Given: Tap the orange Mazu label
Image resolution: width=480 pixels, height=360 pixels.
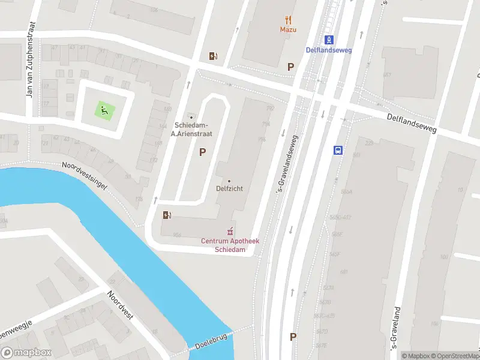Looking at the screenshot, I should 289,29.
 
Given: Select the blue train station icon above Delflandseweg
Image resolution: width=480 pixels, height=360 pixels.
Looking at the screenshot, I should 329,40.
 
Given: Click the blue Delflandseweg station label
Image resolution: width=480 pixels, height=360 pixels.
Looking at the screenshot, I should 329,50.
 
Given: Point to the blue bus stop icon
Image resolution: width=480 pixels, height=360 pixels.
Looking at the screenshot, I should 338,150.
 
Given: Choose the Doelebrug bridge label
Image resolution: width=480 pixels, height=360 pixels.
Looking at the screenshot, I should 212,342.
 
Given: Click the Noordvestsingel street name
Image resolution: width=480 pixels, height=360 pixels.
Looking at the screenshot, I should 85,176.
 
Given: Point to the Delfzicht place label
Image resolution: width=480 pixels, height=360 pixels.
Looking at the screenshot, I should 229,188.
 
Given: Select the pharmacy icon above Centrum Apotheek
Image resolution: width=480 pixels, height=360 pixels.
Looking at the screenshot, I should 229,231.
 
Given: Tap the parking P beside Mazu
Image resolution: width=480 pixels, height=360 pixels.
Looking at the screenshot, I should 291,67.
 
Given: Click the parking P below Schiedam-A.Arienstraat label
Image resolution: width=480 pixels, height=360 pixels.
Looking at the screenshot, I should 203,152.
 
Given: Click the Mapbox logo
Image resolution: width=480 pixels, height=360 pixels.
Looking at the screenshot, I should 26,353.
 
